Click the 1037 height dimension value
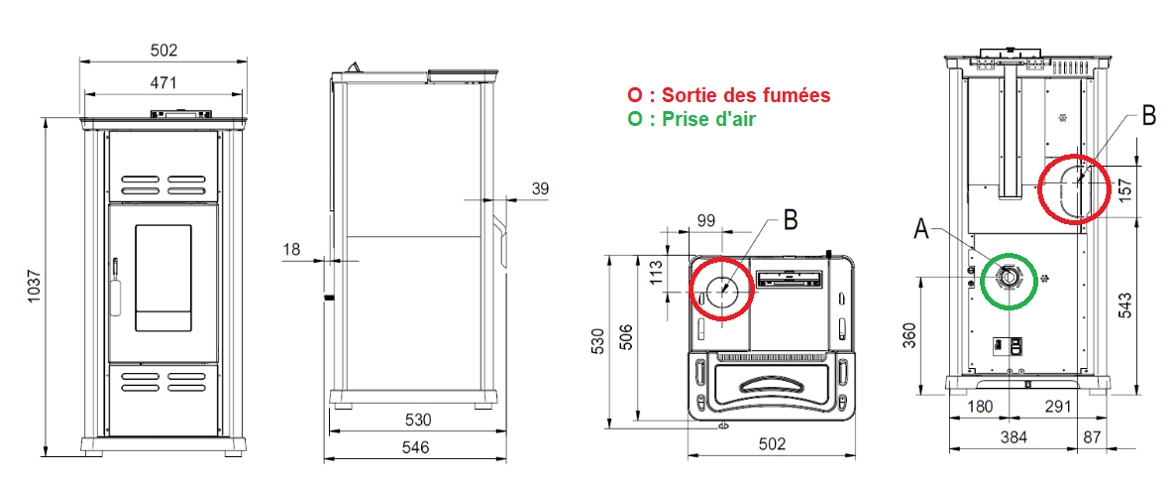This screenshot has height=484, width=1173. (32, 286)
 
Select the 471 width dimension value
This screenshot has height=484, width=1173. (163, 82)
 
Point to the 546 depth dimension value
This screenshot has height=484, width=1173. (415, 448)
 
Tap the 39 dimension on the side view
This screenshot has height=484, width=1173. (538, 188)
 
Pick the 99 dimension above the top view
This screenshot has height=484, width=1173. (706, 220)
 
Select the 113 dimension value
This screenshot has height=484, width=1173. (655, 271)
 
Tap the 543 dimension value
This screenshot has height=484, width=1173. (1125, 304)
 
